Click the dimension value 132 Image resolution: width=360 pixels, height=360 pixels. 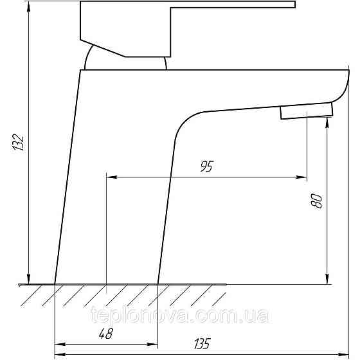pyautogui.click(x=18, y=142)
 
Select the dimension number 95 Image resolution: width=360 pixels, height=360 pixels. pyautogui.click(x=207, y=166)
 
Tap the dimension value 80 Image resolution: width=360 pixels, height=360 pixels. pyautogui.click(x=316, y=201)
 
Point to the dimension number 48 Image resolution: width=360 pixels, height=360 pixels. pyautogui.click(x=106, y=334)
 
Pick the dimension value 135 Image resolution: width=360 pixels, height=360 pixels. pyautogui.click(x=203, y=343)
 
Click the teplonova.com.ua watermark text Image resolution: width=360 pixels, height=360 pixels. pyautogui.click(x=180, y=315)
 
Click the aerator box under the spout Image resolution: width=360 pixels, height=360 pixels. pyautogui.click(x=307, y=111)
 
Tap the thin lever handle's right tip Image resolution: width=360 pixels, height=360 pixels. pyautogui.click(x=295, y=4)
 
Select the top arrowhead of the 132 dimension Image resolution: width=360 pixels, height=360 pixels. pyautogui.click(x=28, y=7)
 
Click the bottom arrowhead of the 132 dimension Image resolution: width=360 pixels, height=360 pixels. pyautogui.click(x=28, y=279)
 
